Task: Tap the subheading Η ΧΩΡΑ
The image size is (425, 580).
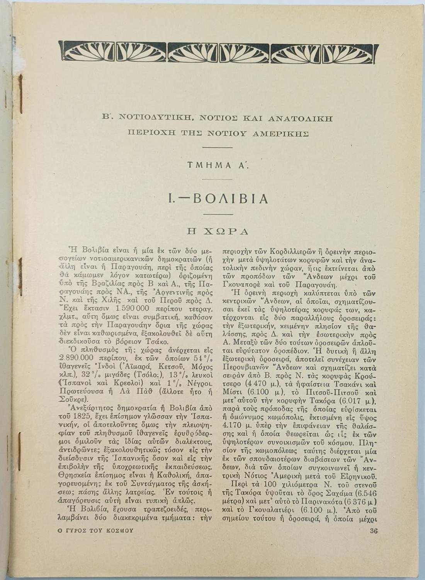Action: point(217,231)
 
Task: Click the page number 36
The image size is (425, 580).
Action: point(373,531)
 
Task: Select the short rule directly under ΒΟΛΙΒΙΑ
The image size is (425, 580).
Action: point(218,214)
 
